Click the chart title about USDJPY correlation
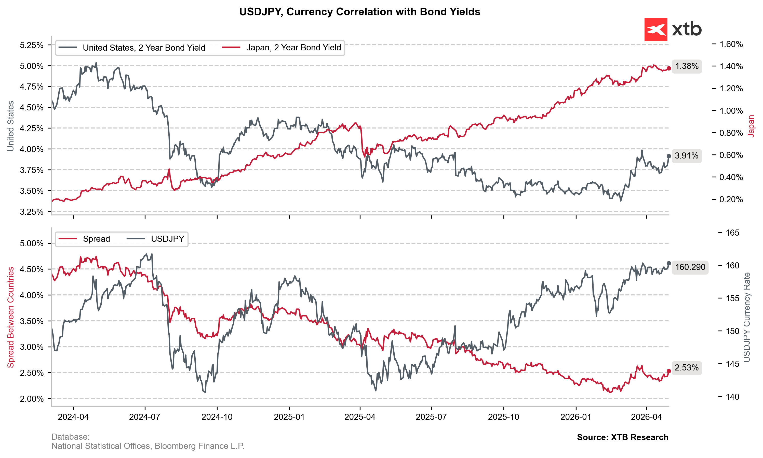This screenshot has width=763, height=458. pyautogui.click(x=359, y=12)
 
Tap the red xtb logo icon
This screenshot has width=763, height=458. pyautogui.click(x=655, y=30)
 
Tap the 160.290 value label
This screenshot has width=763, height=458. pyautogui.click(x=690, y=267)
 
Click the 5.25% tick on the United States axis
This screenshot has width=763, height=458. pyautogui.click(x=32, y=45)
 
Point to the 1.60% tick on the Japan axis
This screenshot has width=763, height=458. pyautogui.click(x=731, y=44)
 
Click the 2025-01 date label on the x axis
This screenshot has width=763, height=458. pyautogui.click(x=289, y=417)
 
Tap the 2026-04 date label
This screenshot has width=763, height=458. pyautogui.click(x=646, y=417)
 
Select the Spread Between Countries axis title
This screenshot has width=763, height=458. pyautogui.click(x=11, y=317)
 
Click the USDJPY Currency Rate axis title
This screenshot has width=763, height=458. pyautogui.click(x=747, y=317)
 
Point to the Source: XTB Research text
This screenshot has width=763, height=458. pyautogui.click(x=622, y=437)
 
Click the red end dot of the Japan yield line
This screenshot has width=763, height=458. pyautogui.click(x=669, y=68)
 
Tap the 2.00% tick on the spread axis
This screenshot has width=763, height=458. pyautogui.click(x=32, y=399)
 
